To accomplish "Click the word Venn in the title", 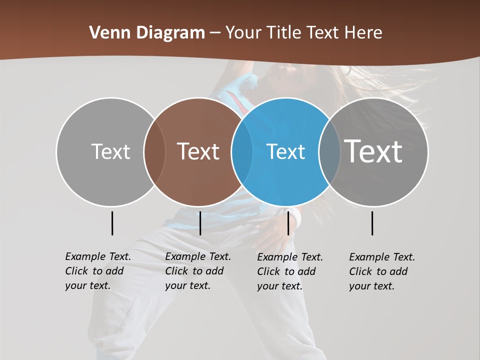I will (105, 33).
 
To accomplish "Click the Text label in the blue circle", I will (285, 152).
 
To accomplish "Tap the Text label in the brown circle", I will (198, 152).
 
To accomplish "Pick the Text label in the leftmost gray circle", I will (110, 152).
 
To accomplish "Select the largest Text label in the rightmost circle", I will (373, 151).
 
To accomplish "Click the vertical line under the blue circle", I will (288, 223).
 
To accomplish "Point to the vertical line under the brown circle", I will (200, 223).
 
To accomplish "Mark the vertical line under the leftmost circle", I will (112, 223).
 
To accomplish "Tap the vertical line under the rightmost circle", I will (372, 223).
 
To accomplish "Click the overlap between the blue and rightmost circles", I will (329, 152).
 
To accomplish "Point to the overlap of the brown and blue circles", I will (242, 152).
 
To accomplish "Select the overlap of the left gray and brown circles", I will (154, 152).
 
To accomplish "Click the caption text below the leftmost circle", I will (98, 271).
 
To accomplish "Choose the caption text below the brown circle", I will (198, 271).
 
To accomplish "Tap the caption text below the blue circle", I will (290, 271).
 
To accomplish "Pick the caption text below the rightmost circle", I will (382, 271).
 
